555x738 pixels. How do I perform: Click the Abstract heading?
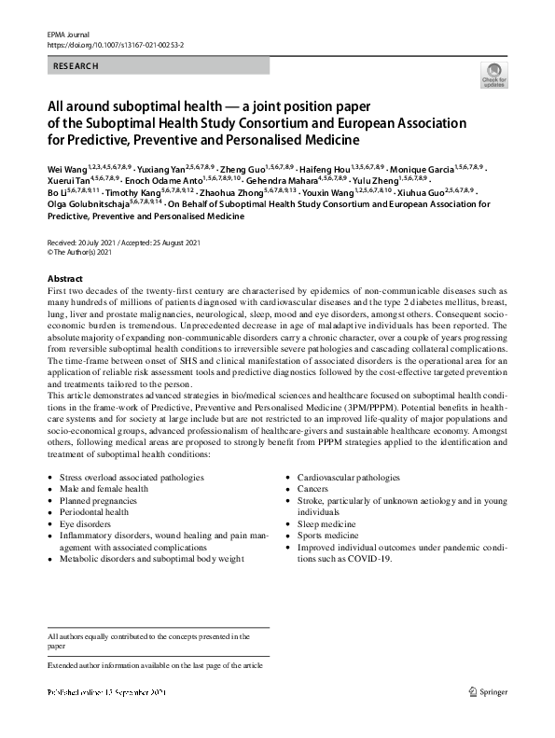point(64,279)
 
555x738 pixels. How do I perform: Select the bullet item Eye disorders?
point(85,524)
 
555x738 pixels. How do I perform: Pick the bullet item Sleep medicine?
point(326,524)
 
